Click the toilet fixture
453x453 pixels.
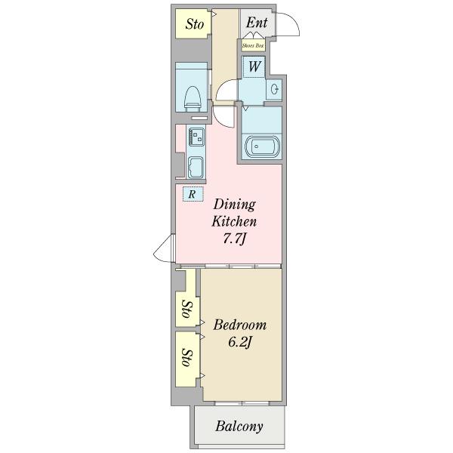coord(193,99)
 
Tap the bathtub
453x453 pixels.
coord(262,146)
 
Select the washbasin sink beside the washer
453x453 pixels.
coord(274,89)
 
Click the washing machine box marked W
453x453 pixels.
coord(254,66)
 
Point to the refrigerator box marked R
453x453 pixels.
coord(193,194)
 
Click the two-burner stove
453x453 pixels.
coord(196,137)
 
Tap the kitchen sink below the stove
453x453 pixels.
coord(196,168)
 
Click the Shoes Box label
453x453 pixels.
coord(253,45)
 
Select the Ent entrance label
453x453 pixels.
coord(257,23)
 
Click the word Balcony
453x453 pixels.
coord(239,427)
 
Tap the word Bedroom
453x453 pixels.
coord(240,325)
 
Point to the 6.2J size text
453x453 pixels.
coord(240,343)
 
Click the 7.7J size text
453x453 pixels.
coord(234,239)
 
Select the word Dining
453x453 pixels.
coord(235,205)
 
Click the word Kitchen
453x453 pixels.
coord(234,221)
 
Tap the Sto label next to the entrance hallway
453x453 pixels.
coord(195,24)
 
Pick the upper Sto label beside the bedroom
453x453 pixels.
coord(187,309)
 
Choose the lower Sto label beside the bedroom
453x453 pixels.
coord(187,358)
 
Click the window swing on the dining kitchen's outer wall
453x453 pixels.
coord(163,248)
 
